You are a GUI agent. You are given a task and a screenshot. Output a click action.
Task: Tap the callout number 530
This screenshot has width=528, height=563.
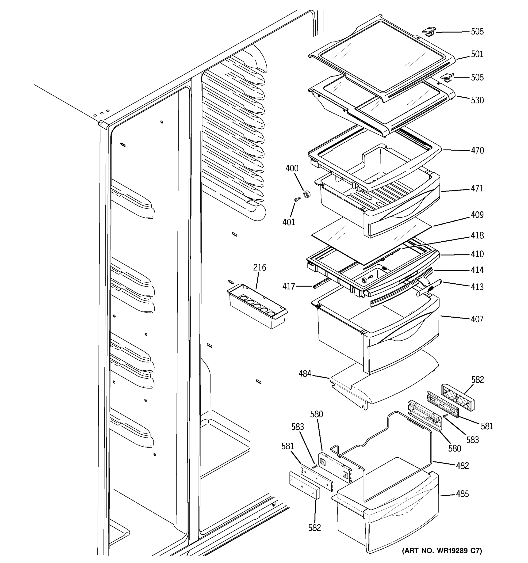[x=477, y=100]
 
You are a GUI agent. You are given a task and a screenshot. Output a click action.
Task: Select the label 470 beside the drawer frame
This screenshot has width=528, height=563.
[x=477, y=150]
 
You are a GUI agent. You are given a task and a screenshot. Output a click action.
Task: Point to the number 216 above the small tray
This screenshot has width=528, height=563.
[x=260, y=267]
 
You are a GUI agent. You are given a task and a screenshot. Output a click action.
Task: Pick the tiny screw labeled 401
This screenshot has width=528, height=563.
[x=297, y=199]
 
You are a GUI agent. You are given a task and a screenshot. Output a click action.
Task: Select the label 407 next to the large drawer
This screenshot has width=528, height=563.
[x=477, y=319]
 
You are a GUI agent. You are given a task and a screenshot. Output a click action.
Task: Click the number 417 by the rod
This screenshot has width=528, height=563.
[x=289, y=286]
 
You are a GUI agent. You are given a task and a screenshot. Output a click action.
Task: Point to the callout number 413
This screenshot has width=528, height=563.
[x=477, y=287]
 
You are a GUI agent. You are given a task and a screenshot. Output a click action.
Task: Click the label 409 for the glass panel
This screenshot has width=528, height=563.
[x=477, y=215]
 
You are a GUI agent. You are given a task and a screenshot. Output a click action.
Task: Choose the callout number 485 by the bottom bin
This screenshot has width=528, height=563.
[x=462, y=494]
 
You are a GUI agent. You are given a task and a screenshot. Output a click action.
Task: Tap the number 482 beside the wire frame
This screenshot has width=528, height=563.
[x=462, y=465]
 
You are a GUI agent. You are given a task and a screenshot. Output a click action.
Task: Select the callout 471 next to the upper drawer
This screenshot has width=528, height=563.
[x=477, y=188]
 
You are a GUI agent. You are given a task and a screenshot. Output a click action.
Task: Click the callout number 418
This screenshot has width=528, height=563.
[x=477, y=235]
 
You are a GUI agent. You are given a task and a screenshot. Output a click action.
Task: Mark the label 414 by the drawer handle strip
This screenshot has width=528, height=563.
[x=477, y=270]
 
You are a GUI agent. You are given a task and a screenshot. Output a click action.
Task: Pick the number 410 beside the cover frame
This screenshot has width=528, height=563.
[x=477, y=254]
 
